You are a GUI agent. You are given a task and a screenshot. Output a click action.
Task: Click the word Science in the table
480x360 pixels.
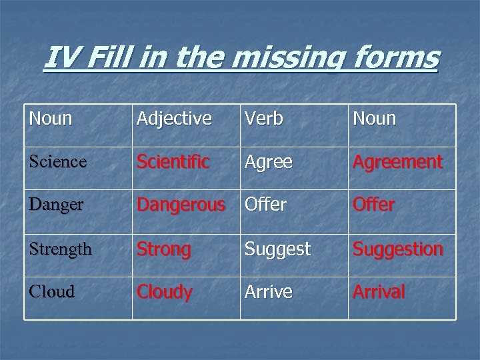point(57,162)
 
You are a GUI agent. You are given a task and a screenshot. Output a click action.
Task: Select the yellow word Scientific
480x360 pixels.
point(173,162)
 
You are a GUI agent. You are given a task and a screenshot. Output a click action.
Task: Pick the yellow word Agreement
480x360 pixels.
point(397,162)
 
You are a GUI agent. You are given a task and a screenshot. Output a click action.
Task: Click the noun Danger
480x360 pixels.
point(57,205)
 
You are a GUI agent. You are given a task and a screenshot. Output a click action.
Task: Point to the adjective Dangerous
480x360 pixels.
point(181,205)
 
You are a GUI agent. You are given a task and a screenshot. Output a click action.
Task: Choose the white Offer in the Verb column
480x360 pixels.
point(266,205)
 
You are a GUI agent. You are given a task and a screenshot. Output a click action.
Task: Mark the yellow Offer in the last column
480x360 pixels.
point(373,205)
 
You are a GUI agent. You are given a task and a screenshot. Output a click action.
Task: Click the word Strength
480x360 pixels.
point(60,249)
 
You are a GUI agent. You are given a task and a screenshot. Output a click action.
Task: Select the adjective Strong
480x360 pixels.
point(164,249)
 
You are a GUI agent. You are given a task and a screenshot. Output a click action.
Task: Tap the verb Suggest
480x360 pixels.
point(277,249)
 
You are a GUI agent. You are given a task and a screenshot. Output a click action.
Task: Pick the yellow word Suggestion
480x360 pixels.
point(397,249)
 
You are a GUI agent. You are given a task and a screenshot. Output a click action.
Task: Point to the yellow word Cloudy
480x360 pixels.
point(165,292)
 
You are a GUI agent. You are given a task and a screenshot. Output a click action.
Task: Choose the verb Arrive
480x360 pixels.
point(268,291)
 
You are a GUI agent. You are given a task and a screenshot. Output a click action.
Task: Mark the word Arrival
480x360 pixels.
point(379,291)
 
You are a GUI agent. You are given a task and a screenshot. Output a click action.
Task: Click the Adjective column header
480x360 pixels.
point(174,119)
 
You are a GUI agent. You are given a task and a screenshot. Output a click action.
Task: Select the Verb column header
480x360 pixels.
point(263,119)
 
